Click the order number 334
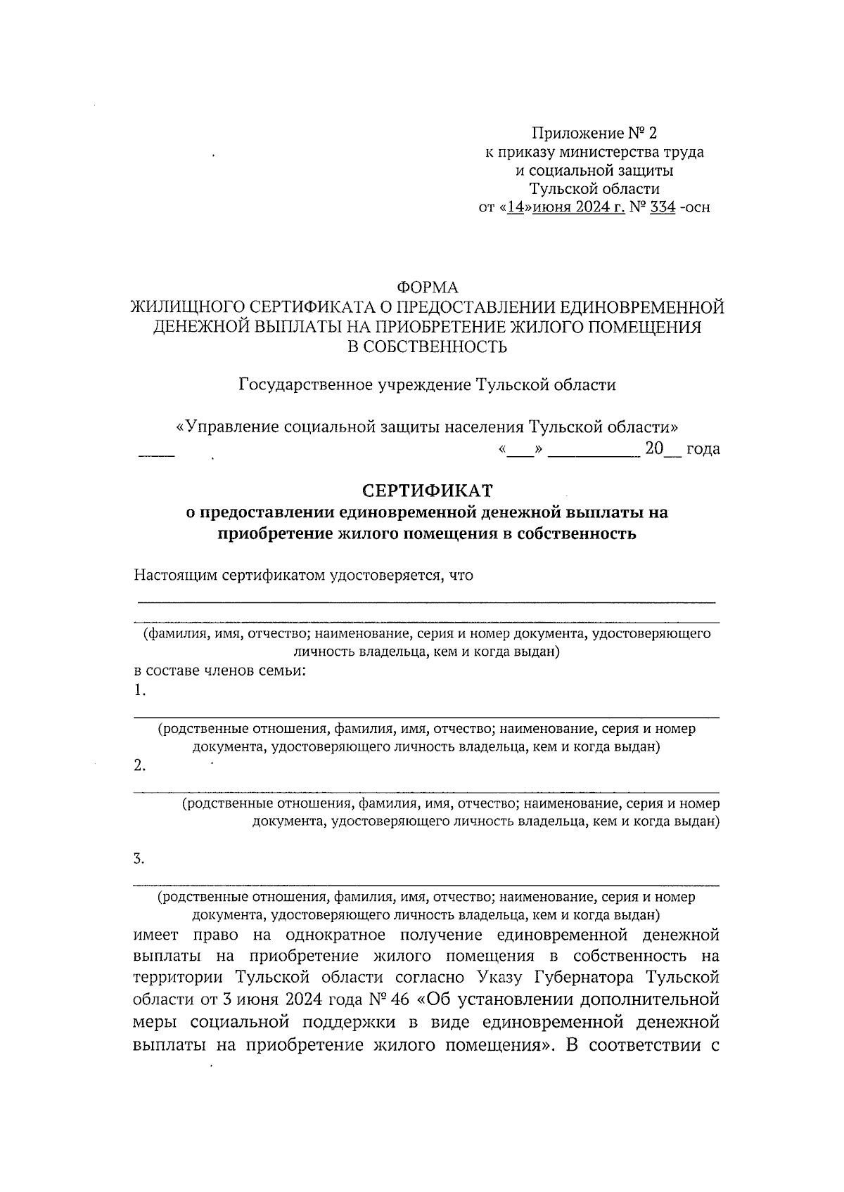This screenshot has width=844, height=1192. coord(663,208)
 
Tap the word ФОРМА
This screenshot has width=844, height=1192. coord(427,287)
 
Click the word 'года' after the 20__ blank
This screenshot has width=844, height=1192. coord(703,449)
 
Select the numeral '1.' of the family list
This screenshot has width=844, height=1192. coord(139,690)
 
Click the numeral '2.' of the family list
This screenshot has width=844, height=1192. coord(139,765)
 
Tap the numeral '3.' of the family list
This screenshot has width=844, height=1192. coord(139,858)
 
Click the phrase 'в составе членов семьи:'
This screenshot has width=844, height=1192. coord(219,670)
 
